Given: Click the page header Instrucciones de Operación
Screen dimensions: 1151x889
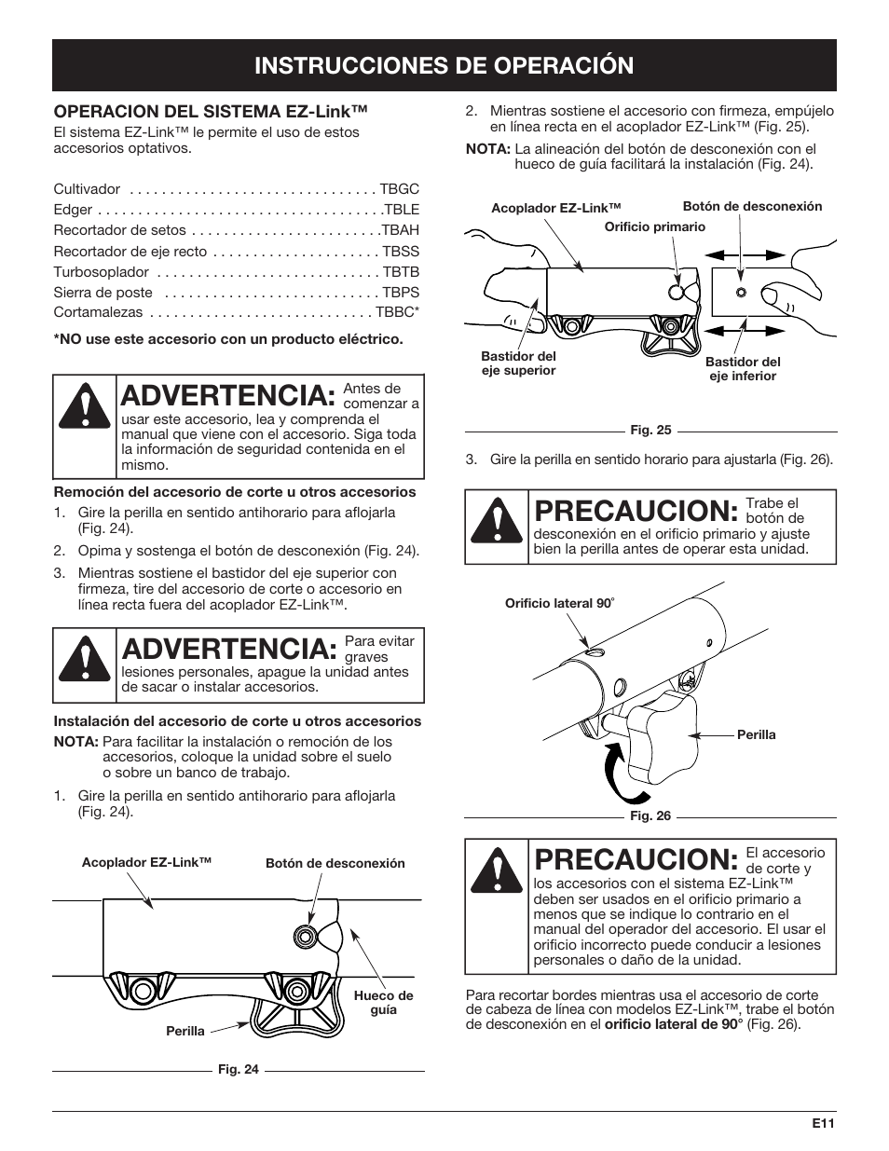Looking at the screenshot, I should pyautogui.click(x=444, y=64).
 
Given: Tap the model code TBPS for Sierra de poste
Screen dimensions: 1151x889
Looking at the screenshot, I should pyautogui.click(x=401, y=293).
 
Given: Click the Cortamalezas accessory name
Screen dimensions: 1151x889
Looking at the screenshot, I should pyautogui.click(x=98, y=313).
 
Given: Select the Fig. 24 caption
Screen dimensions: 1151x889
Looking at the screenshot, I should pyautogui.click(x=238, y=1069).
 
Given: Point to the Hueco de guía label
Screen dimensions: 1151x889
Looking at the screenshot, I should pyautogui.click(x=383, y=1003).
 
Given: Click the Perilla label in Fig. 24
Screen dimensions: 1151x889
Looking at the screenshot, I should pyautogui.click(x=185, y=1032).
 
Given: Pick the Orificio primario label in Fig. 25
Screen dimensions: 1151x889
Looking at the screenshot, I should pyautogui.click(x=655, y=226).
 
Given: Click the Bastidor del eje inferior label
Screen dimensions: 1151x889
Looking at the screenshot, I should pyautogui.click(x=743, y=368).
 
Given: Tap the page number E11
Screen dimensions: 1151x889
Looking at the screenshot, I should pyautogui.click(x=820, y=1124).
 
